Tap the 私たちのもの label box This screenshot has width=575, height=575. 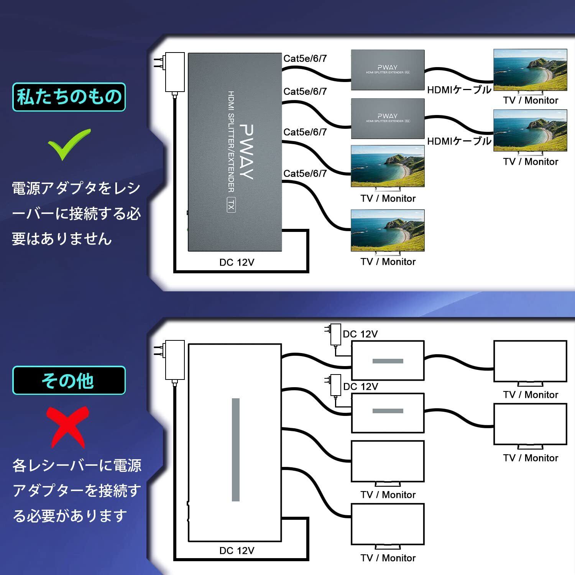click(x=69, y=97)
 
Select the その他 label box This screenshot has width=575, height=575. click(x=69, y=380)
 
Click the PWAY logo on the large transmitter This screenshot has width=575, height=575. click(x=246, y=152)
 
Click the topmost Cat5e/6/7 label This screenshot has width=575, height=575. click(x=305, y=58)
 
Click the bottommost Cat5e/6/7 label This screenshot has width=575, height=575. click(x=305, y=173)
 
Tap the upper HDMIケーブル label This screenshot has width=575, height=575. click(x=459, y=90)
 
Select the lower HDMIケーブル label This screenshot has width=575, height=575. click(x=459, y=141)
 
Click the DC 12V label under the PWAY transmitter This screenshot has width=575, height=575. click(x=237, y=262)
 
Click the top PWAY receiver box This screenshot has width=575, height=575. click(x=388, y=70)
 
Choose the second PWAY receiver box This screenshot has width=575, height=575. click(x=388, y=118)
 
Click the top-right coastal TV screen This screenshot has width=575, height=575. click(x=530, y=70)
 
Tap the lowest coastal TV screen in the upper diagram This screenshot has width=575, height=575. click(x=388, y=230)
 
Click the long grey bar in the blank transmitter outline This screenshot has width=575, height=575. click(x=236, y=450)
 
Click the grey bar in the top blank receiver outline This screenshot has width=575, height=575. click(x=388, y=361)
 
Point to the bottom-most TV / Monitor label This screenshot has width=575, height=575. click(x=388, y=558)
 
